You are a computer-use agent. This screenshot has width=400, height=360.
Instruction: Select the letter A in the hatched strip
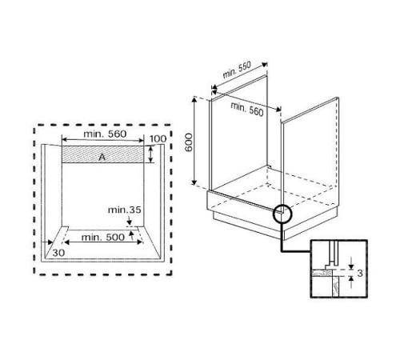102,157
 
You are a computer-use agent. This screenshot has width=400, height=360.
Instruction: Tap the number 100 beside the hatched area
158,140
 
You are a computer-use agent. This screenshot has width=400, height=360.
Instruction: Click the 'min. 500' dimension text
102,238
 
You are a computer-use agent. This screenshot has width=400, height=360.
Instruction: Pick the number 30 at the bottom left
58,252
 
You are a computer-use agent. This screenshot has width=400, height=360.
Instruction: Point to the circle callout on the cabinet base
283,214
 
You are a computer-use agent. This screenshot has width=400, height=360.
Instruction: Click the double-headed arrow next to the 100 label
150,154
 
